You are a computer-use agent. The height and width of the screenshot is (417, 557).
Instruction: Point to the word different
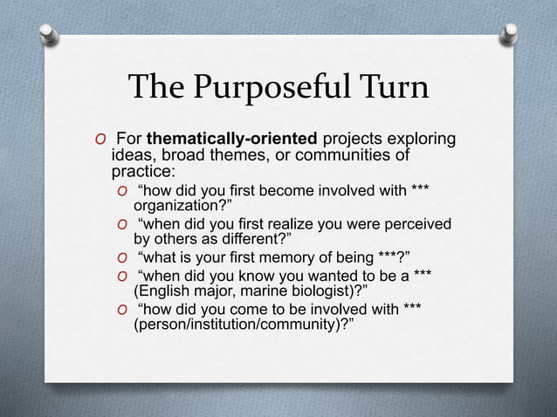pos(249,240)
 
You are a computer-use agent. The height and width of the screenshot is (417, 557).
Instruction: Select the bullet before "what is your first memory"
pos(123,257)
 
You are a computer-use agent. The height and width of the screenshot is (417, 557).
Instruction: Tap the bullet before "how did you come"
pos(123,308)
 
